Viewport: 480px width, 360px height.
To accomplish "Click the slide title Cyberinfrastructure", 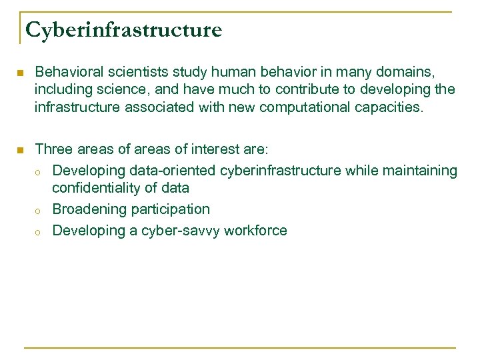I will point(123,29).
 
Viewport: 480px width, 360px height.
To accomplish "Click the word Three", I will point(53,149).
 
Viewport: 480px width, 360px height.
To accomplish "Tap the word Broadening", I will point(89,209).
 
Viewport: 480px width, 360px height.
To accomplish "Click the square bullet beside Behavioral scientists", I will point(22,72).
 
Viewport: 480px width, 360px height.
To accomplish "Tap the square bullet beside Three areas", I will point(22,149).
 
